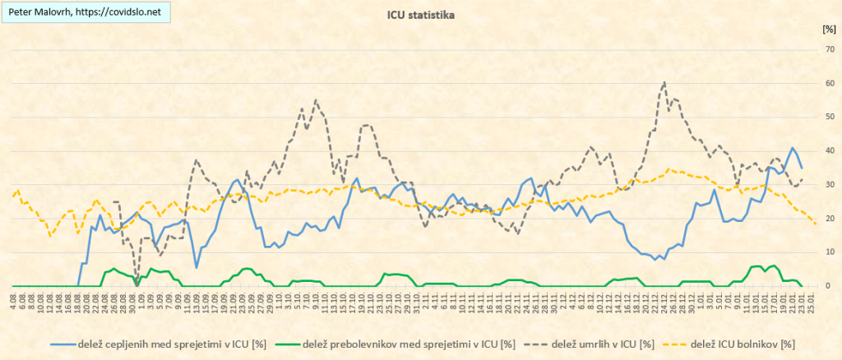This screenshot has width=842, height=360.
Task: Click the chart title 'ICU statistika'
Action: pyautogui.click(x=420, y=14)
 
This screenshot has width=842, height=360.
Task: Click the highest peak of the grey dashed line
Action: pyautogui.click(x=664, y=82)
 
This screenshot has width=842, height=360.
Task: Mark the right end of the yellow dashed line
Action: pyautogui.click(x=815, y=224)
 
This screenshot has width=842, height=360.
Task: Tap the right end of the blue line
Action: pyautogui.click(x=802, y=168)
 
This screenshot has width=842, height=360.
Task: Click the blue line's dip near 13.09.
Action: pyautogui.click(x=197, y=267)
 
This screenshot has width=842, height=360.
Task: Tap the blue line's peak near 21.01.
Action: pyautogui.click(x=792, y=149)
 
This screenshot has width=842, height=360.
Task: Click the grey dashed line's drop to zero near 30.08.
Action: pyautogui.click(x=136, y=285)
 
